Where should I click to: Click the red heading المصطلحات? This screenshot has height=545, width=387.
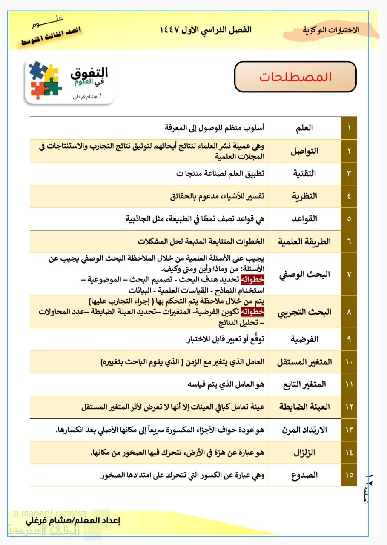click(295, 77)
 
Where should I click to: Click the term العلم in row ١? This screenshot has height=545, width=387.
click(304, 128)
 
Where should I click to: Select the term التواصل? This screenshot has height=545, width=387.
click(304, 151)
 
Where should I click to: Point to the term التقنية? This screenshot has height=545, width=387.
click(304, 174)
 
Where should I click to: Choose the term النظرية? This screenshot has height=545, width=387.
click(304, 196)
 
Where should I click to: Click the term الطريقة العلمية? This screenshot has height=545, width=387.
click(304, 241)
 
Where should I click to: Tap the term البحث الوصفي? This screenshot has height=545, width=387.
click(304, 275)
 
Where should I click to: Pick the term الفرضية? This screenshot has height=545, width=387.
click(304, 339)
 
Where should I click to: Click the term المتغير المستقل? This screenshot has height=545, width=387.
click(304, 362)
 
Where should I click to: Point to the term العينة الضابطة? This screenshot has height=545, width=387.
click(304, 407)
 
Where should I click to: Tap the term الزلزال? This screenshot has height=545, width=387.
click(304, 452)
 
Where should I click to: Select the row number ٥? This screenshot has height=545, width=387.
click(349, 219)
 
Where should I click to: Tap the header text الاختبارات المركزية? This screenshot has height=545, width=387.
click(331, 30)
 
